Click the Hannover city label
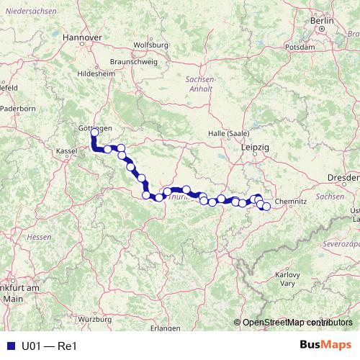click(x=81, y=36)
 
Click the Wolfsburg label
click(x=151, y=45)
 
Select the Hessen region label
click(x=35, y=236)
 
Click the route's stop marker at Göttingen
click(x=94, y=132)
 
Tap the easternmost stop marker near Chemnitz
click(x=266, y=207)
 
